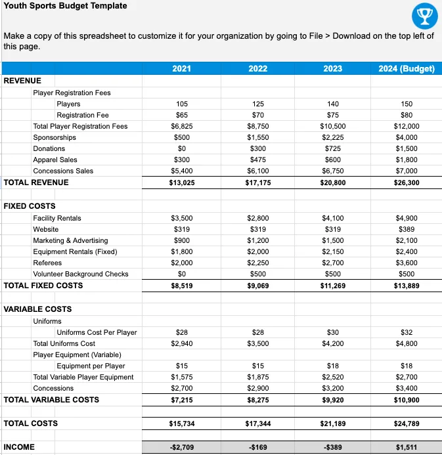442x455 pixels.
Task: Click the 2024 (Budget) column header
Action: click(407, 68)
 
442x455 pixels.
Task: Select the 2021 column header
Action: click(182, 68)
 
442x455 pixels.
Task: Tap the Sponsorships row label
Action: click(55, 137)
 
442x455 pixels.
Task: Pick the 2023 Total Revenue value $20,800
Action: click(332, 182)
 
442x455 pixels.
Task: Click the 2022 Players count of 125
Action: click(257, 104)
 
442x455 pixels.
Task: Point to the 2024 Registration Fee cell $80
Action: click(407, 115)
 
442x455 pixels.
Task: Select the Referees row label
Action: click(47, 263)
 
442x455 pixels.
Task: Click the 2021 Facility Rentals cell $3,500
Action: click(182, 218)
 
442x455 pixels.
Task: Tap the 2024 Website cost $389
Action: click(407, 229)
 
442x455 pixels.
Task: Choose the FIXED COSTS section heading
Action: click(30, 206)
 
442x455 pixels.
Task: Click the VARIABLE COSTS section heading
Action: click(37, 309)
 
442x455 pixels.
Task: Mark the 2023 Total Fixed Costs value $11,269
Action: click(332, 286)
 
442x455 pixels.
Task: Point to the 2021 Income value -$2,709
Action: click(182, 447)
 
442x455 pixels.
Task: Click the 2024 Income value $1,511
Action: click(407, 447)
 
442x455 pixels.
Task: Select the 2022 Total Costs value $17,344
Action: click(257, 423)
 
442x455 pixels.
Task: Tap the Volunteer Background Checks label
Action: click(81, 274)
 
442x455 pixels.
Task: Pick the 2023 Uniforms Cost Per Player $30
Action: click(332, 332)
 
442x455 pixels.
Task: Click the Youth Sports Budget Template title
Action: click(56, 6)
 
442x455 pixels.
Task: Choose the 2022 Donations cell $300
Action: click(257, 148)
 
